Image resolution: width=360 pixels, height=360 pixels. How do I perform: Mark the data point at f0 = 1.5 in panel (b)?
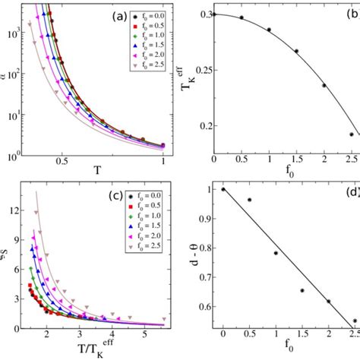pos(296,51)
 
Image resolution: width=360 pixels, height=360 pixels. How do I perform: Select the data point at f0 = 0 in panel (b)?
pos(214,14)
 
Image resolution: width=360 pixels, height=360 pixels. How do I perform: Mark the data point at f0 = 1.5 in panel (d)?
pos(302,290)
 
